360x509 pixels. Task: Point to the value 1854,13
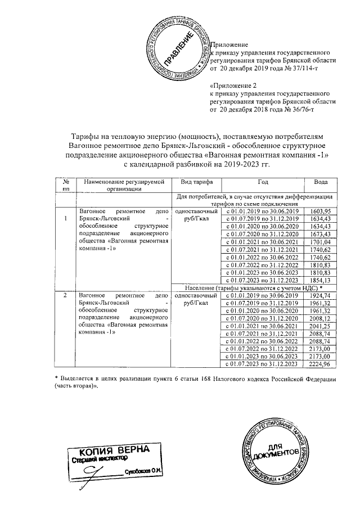click(x=319, y=280)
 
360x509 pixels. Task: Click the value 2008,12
click(x=319, y=318)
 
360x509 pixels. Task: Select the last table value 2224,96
click(x=319, y=364)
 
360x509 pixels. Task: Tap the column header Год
click(x=263, y=182)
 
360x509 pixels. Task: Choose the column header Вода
click(x=319, y=182)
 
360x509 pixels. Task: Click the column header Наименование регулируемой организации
click(x=123, y=186)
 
